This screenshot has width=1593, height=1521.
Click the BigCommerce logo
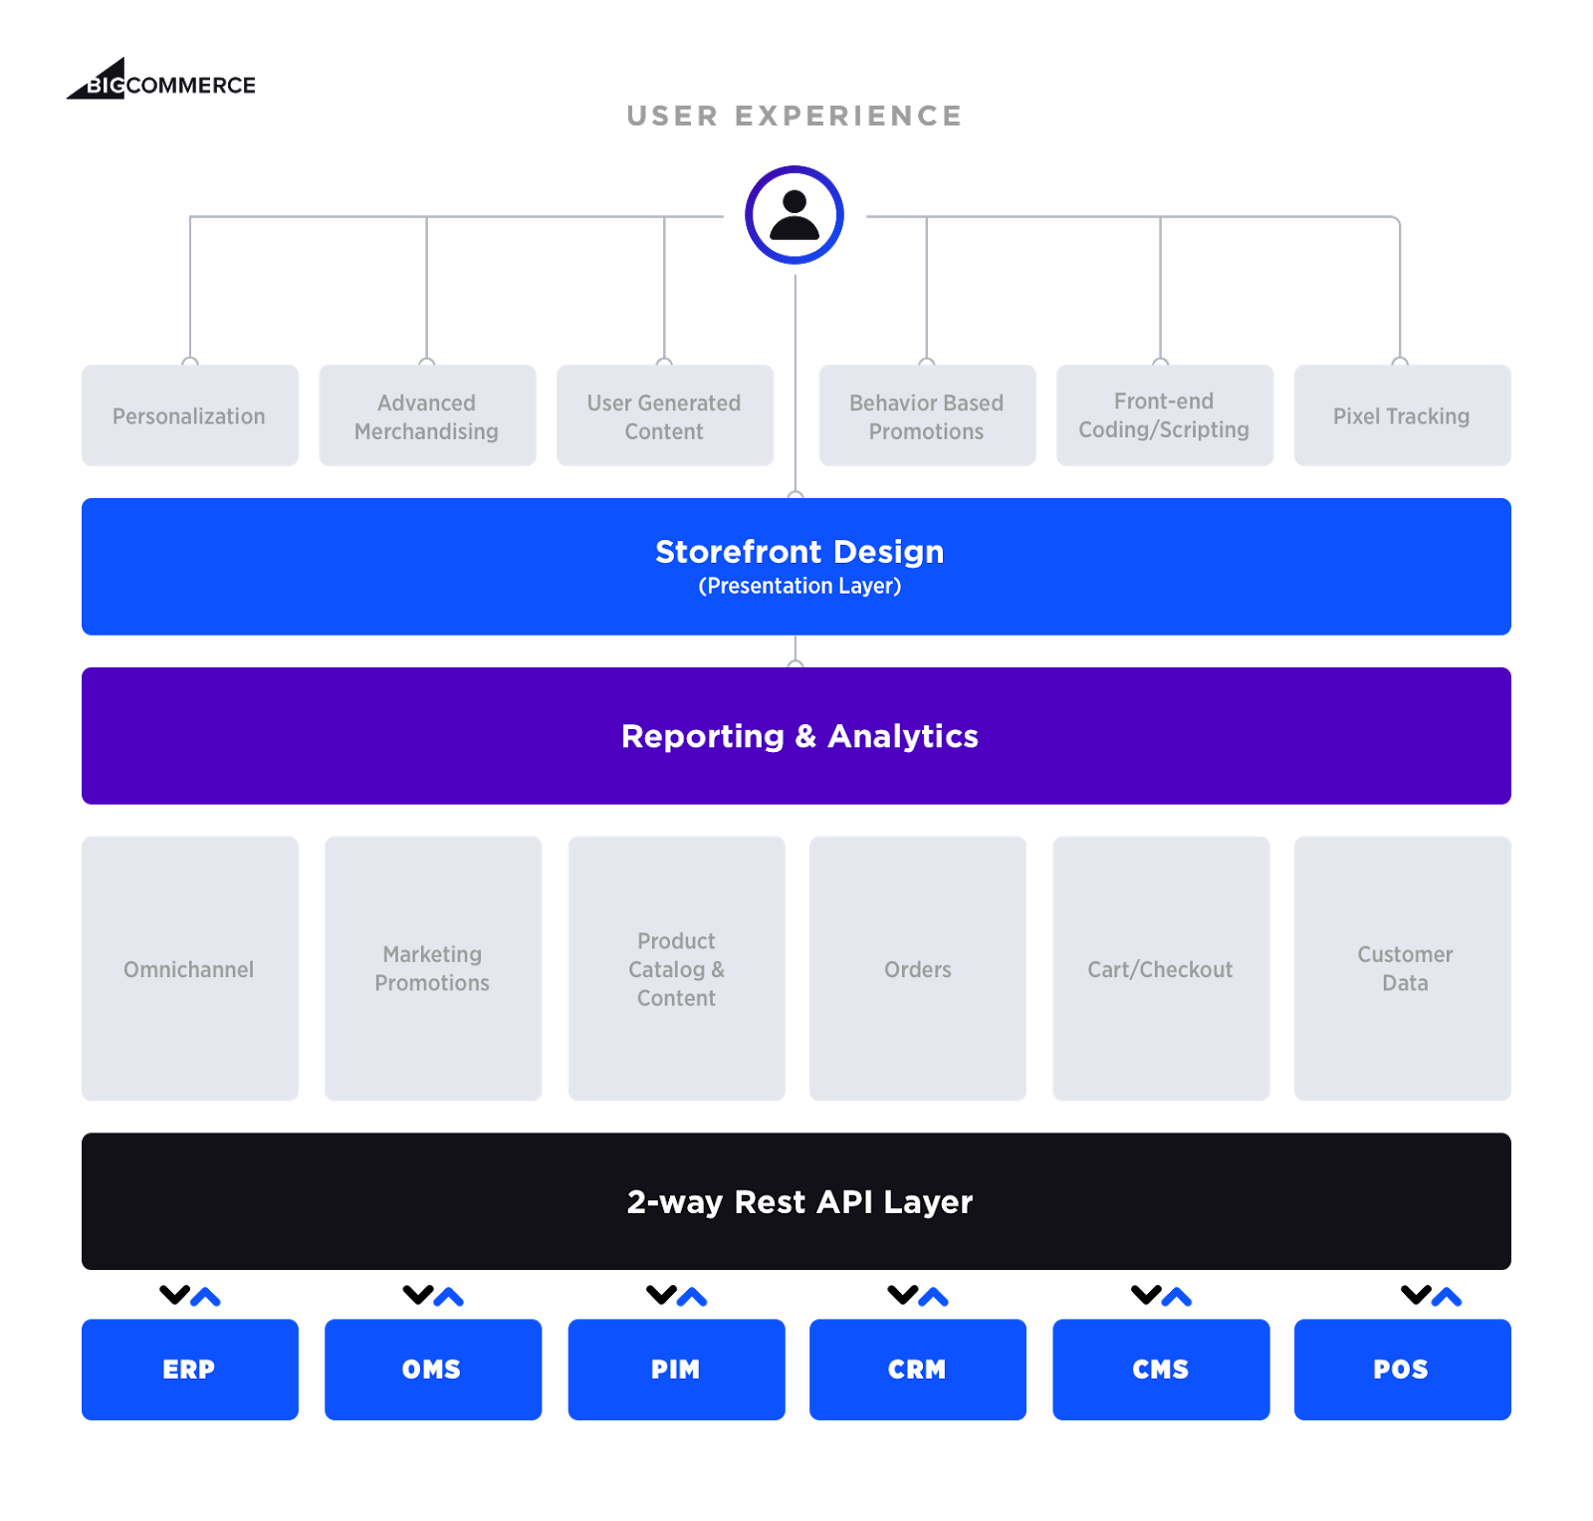(161, 79)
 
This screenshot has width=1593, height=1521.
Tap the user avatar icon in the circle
(795, 215)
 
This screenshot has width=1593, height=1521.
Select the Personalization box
(190, 415)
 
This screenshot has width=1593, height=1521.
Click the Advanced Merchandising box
(427, 415)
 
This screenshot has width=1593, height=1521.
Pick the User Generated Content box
(665, 415)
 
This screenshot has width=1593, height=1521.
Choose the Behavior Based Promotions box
(927, 415)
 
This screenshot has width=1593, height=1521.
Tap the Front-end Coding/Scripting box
(1165, 415)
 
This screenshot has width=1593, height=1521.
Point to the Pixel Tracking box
(1402, 415)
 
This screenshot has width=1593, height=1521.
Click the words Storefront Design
(799, 552)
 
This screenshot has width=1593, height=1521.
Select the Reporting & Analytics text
(799, 736)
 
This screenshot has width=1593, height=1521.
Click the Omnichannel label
(189, 969)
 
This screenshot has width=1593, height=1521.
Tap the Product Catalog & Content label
(677, 969)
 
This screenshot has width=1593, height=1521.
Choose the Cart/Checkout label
(1160, 969)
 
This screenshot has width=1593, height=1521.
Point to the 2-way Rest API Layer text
(799, 1202)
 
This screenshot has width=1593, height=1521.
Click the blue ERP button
(190, 1370)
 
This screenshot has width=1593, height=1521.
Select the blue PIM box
(677, 1370)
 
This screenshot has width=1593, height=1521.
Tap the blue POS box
(1402, 1370)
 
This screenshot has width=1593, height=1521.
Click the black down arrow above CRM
(903, 1295)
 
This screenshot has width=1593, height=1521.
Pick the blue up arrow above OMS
(449, 1297)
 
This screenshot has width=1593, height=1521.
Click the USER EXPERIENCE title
(795, 117)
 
